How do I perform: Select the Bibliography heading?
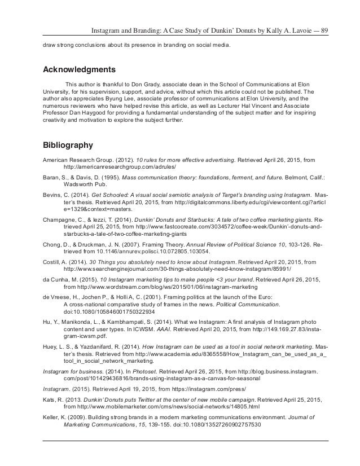coord(68,145)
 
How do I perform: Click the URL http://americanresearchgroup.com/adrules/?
coord(120,168)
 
